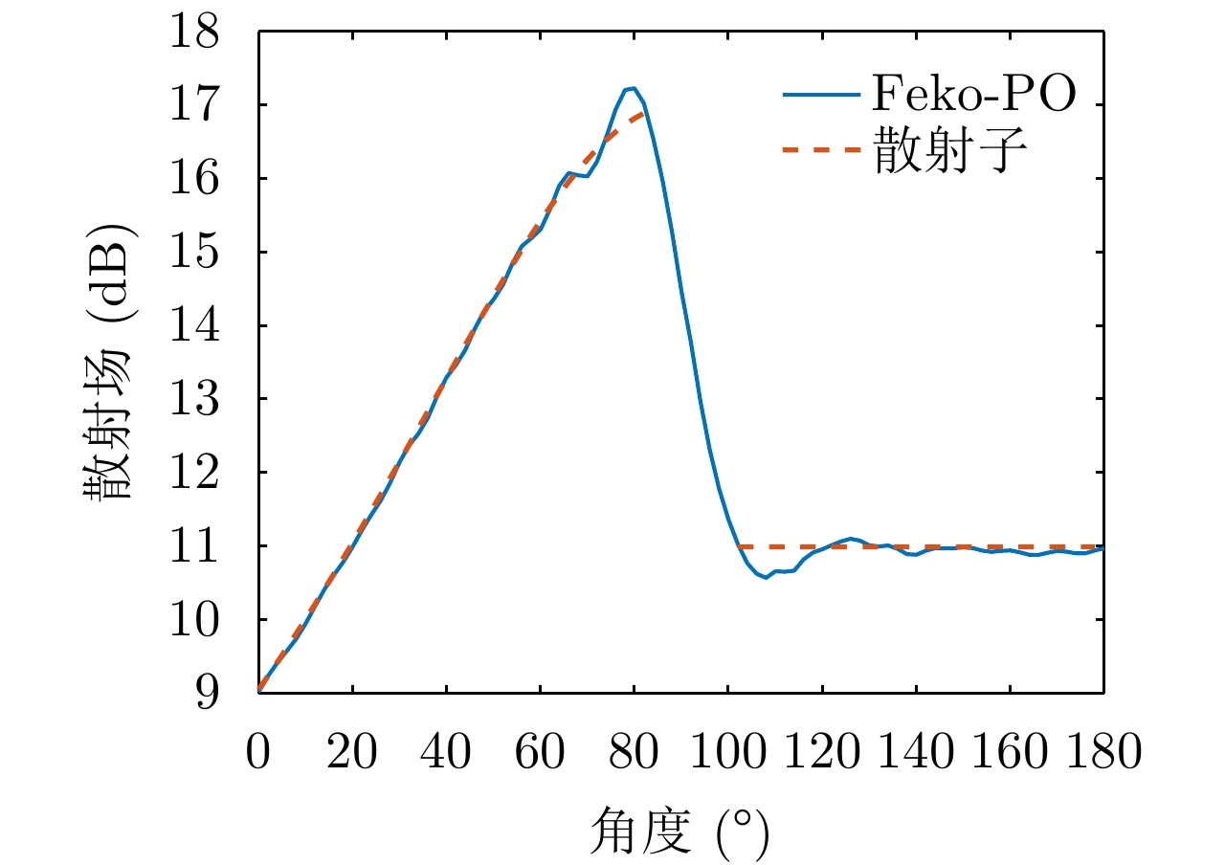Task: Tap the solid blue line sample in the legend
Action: pyautogui.click(x=819, y=96)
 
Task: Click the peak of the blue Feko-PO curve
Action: pyautogui.click(x=632, y=88)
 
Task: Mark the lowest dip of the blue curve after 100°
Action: pyautogui.click(x=766, y=578)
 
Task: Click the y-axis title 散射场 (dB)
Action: pyautogui.click(x=108, y=363)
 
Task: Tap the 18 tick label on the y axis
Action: pyautogui.click(x=197, y=32)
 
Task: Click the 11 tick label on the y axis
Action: pyautogui.click(x=197, y=545)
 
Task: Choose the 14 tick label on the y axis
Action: pyautogui.click(x=197, y=325)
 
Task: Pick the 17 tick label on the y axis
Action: pyautogui.click(x=197, y=105)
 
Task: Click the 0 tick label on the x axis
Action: pyautogui.click(x=258, y=752)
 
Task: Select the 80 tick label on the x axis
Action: pyautogui.click(x=634, y=752)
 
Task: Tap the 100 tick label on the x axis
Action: pyautogui.click(x=727, y=752)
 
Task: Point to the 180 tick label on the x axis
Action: pyautogui.click(x=1103, y=752)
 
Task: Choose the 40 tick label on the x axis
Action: pyautogui.click(x=446, y=752)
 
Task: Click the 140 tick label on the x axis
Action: pyautogui.click(x=916, y=752)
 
